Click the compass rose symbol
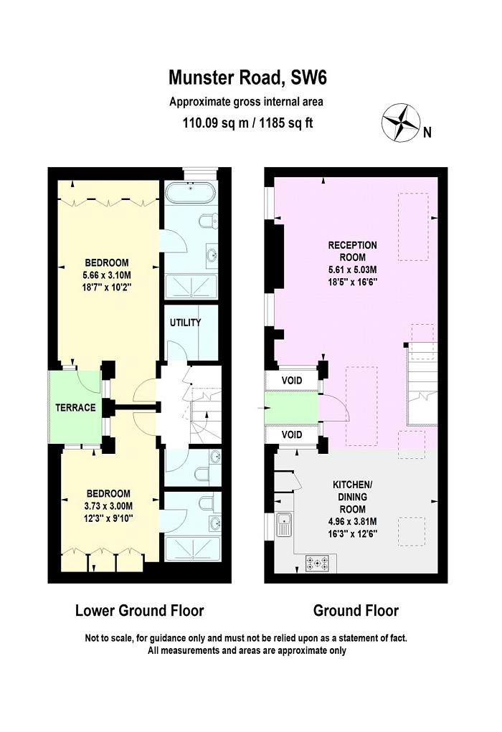(400, 122)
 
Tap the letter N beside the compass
(427, 132)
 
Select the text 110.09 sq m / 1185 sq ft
(247, 123)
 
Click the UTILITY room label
(185, 323)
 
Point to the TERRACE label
(76, 407)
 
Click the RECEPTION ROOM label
(352, 251)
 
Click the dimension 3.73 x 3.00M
(108, 505)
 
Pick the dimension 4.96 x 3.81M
(352, 521)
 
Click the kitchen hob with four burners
(317, 564)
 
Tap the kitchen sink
(285, 526)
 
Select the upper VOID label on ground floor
(291, 380)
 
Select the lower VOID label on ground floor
(291, 435)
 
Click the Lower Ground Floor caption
(140, 611)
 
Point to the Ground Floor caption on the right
(356, 611)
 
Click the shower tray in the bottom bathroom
(190, 548)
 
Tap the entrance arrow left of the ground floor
(260, 407)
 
